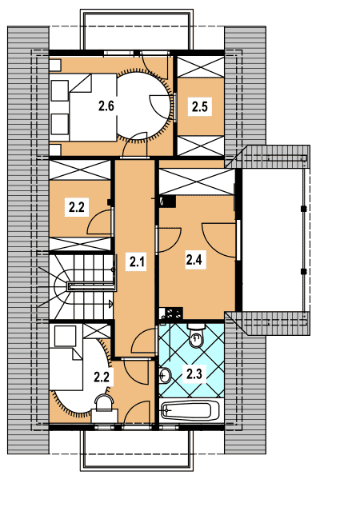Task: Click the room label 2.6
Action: (x=106, y=106)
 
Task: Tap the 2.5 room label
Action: (x=200, y=106)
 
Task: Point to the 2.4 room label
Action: (x=194, y=260)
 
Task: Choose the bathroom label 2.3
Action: (x=194, y=373)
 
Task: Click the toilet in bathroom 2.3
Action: (x=196, y=335)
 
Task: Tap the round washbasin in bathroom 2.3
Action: (x=166, y=375)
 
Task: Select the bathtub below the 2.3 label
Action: (x=190, y=411)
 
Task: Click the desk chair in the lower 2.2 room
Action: (x=104, y=403)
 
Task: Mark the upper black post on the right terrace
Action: (x=303, y=208)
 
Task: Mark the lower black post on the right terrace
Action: (x=303, y=271)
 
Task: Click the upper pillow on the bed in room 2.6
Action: (x=60, y=90)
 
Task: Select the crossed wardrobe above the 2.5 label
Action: (x=200, y=67)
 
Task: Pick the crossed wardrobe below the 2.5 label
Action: (x=200, y=146)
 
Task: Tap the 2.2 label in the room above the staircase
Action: (x=77, y=207)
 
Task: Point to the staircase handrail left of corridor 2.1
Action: (x=92, y=285)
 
